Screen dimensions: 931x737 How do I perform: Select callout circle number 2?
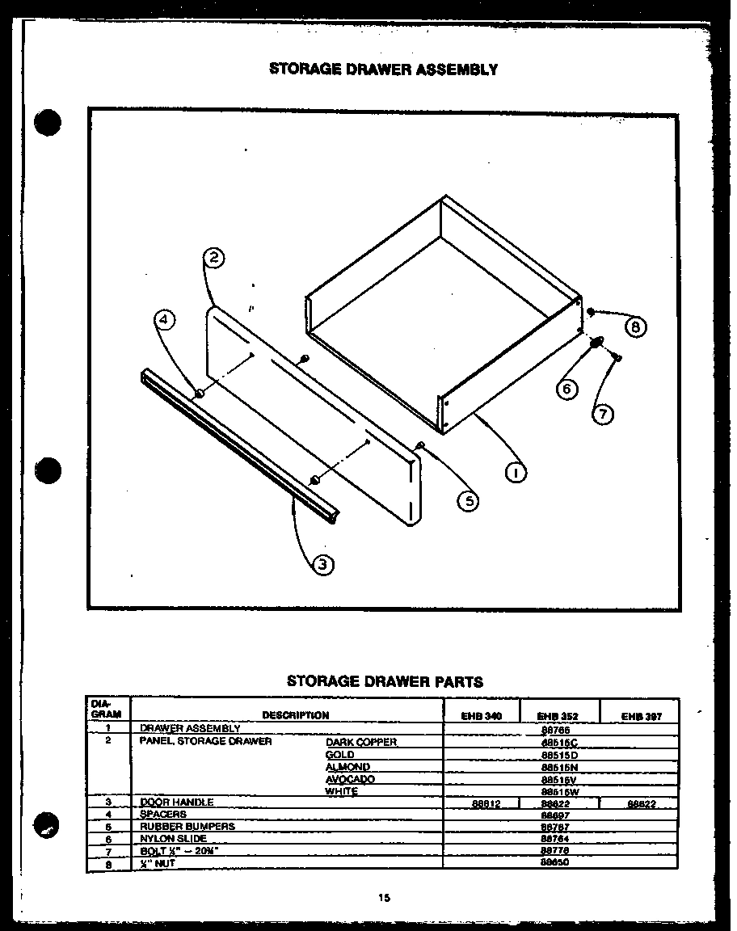(x=213, y=259)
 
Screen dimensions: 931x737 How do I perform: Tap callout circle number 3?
(x=322, y=565)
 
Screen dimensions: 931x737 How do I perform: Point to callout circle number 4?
(x=164, y=321)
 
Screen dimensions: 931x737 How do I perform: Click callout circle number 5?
(x=467, y=500)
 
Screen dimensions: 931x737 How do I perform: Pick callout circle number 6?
(x=566, y=389)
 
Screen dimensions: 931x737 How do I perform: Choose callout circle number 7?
(x=602, y=415)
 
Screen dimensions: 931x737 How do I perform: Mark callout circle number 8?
(x=636, y=326)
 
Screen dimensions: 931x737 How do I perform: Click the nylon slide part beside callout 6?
(x=596, y=343)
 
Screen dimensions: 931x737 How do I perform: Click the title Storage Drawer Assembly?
(x=383, y=70)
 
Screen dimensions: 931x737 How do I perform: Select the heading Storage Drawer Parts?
(x=385, y=681)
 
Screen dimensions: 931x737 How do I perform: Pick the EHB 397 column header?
(x=640, y=715)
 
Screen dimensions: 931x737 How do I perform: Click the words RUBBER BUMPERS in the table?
(x=187, y=826)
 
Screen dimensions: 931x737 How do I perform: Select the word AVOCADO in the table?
(x=350, y=779)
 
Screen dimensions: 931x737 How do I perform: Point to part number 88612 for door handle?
(x=482, y=803)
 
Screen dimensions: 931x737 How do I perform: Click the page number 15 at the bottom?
(x=384, y=896)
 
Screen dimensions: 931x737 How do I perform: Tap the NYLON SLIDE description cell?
(x=174, y=838)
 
